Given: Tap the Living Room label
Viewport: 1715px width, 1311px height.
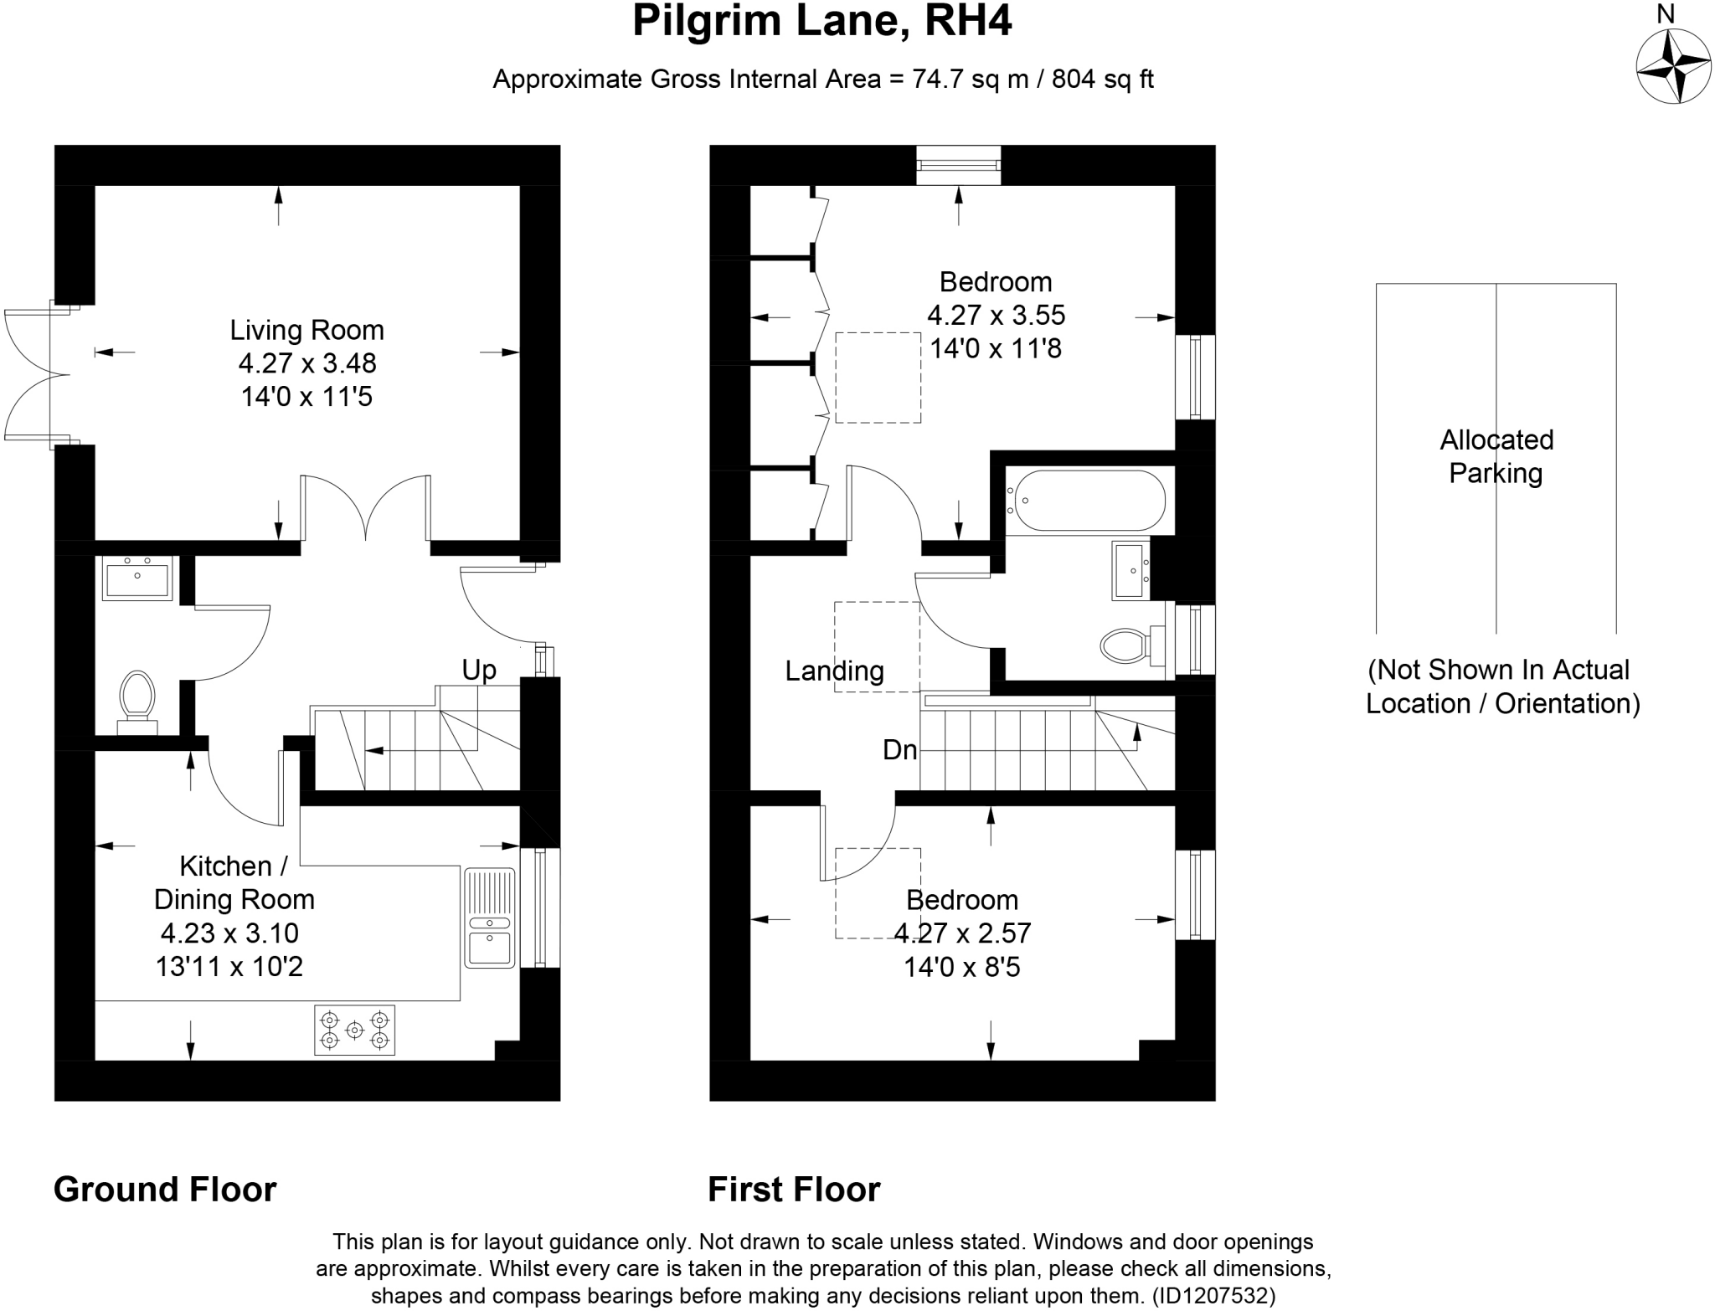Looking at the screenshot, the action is (x=307, y=330).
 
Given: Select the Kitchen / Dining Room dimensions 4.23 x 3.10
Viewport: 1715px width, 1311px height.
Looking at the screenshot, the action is (x=230, y=933).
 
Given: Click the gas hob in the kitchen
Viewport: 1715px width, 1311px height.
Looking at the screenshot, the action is (x=355, y=1030).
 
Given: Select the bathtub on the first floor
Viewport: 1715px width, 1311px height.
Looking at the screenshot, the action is (x=1086, y=501).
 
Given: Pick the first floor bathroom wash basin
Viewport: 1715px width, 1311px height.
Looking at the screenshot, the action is (x=1132, y=570).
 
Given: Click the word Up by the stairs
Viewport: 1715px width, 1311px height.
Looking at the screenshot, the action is (x=479, y=670).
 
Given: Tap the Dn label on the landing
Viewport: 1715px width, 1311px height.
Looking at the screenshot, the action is (x=899, y=750).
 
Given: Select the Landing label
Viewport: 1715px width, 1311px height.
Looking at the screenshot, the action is (x=834, y=671).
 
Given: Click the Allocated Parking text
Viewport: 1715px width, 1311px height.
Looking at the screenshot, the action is (x=1496, y=456).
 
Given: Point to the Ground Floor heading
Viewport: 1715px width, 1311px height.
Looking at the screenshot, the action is (x=165, y=1190).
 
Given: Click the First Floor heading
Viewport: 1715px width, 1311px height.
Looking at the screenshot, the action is (x=794, y=1190).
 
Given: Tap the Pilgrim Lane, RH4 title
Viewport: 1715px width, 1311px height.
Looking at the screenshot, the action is (x=822, y=22).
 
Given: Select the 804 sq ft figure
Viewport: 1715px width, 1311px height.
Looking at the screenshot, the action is (x=1103, y=80).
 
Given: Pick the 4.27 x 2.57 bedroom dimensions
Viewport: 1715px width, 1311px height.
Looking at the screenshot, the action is (x=962, y=933).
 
